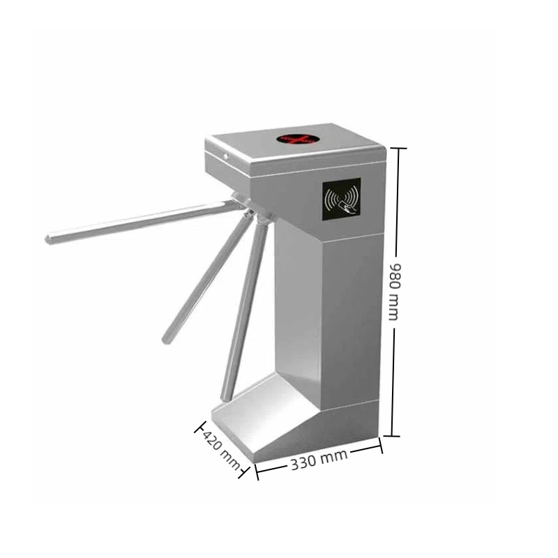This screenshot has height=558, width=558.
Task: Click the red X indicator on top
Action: point(295,139)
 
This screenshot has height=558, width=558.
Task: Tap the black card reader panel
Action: point(342,199)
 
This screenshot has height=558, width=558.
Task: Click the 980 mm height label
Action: point(395,292)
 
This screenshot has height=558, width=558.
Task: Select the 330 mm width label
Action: point(319,460)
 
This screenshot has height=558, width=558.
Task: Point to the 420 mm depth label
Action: point(220,449)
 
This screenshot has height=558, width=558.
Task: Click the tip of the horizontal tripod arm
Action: point(48,239)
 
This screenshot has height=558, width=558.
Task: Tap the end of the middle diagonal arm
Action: point(166,339)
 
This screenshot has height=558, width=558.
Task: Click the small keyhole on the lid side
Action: point(225,156)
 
